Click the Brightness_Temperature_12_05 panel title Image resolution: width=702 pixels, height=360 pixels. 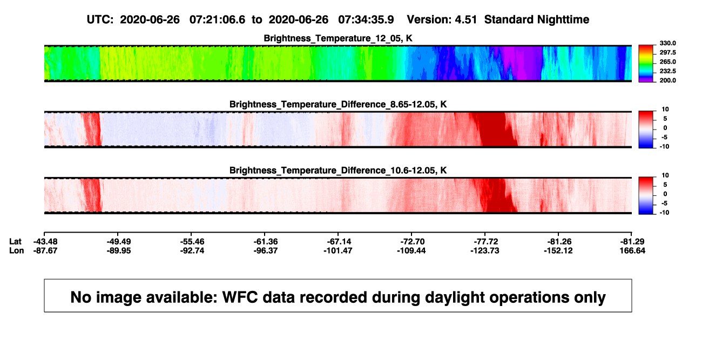(338, 38)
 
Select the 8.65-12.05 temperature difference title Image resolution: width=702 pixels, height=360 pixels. (338, 104)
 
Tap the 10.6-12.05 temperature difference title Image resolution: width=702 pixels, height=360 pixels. (338, 171)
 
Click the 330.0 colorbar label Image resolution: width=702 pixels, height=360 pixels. (667, 43)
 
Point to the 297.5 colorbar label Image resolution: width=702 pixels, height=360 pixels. (667, 52)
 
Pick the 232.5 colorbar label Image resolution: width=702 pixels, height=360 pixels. (667, 71)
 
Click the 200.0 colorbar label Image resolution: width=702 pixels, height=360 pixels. (667, 80)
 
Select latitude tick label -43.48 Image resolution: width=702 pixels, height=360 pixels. (45, 242)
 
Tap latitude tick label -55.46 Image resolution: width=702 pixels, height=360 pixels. (192, 242)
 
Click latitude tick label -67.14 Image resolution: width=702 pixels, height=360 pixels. (339, 242)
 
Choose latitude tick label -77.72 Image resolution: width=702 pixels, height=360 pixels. (486, 242)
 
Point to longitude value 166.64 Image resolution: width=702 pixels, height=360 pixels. (632, 250)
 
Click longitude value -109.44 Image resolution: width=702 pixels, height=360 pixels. (411, 250)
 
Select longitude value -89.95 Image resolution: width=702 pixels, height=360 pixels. (119, 250)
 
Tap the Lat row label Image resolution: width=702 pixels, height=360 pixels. (15, 242)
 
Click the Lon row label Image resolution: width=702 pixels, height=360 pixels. (17, 250)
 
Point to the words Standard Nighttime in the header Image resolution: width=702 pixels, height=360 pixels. (537, 19)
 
